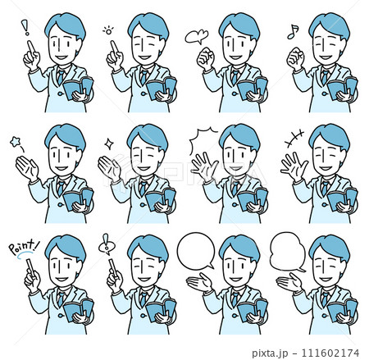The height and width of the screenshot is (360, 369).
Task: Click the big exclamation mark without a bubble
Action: tap(25, 27)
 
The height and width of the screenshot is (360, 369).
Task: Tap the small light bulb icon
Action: tap(108, 30)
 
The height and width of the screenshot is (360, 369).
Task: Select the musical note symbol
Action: tap(293, 32)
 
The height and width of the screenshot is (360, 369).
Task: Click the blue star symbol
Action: tap(15, 142)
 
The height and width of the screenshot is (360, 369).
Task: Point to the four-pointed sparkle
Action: tap(109, 144)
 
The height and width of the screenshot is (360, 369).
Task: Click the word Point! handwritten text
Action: tap(24, 247)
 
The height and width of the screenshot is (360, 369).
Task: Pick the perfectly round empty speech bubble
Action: tap(196, 251)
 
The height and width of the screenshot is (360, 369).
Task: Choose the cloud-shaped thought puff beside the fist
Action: tap(197, 37)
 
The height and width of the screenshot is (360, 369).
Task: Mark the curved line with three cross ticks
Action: tap(294, 139)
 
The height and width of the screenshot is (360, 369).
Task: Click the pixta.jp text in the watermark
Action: tap(270, 353)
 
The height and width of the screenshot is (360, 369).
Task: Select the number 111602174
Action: tap(330, 353)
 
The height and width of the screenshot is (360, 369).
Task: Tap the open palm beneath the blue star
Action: tap(27, 168)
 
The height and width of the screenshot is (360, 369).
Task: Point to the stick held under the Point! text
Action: tap(30, 267)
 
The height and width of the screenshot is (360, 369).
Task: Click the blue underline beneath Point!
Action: tap(25, 255)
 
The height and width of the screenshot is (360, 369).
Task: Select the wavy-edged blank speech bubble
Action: tap(288, 252)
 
